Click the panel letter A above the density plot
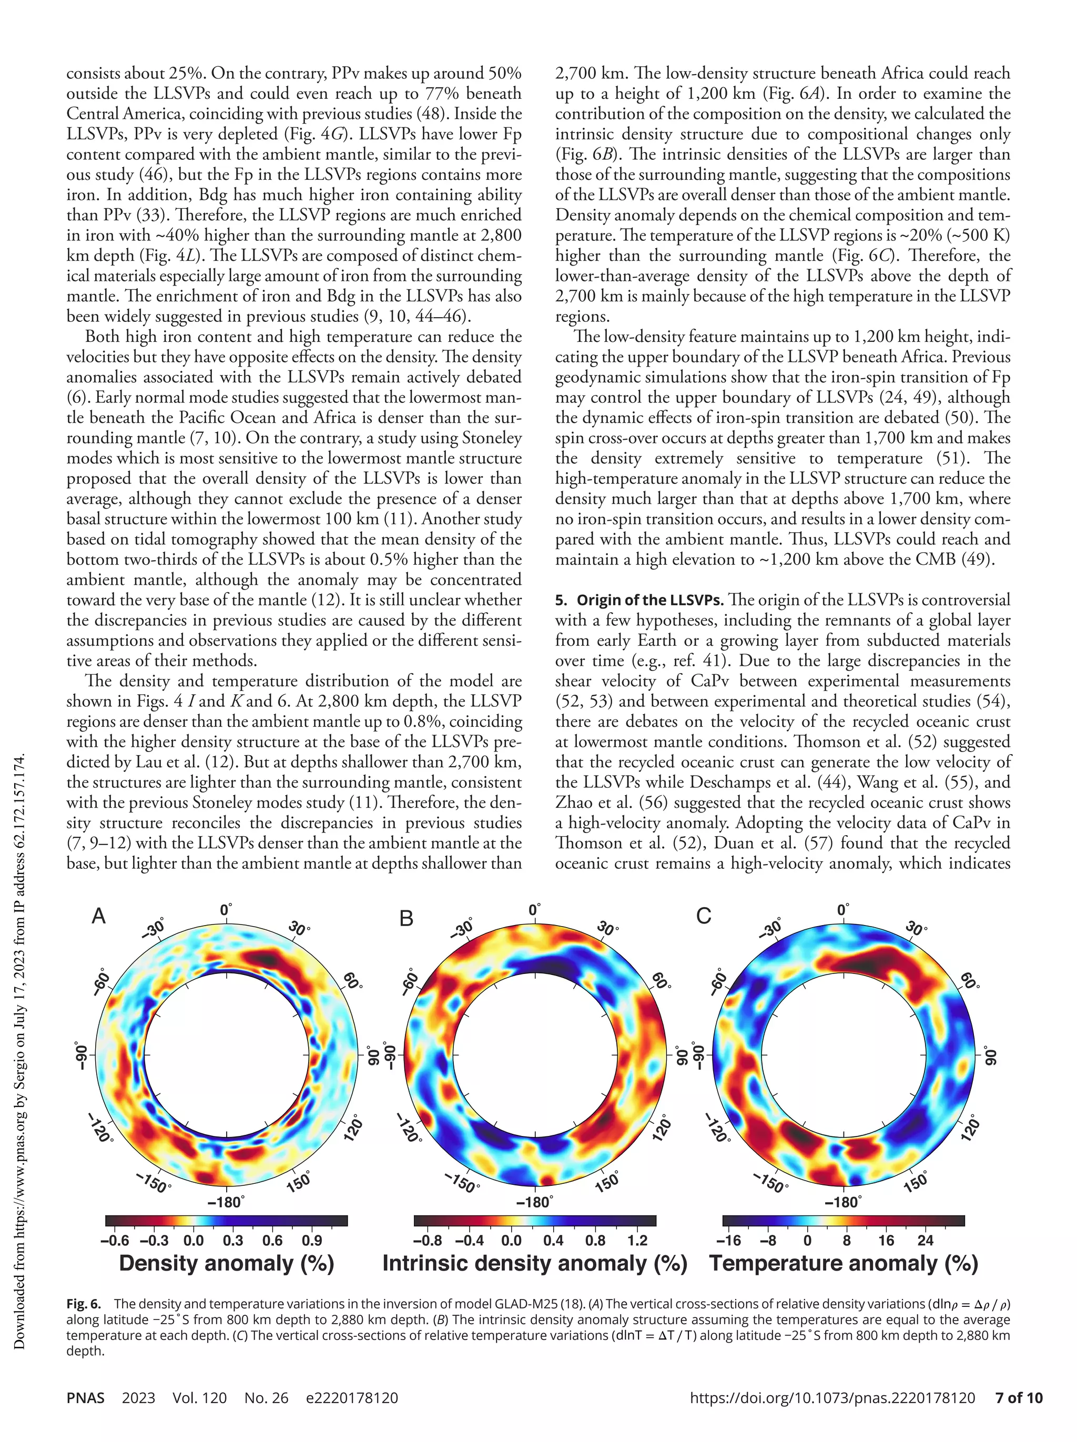98,917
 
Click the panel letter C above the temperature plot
704,917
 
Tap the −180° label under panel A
226,1202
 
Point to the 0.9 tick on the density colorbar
312,1241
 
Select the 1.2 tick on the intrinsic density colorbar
637,1241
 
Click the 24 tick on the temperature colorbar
925,1241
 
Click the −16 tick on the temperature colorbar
729,1241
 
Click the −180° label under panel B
535,1202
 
